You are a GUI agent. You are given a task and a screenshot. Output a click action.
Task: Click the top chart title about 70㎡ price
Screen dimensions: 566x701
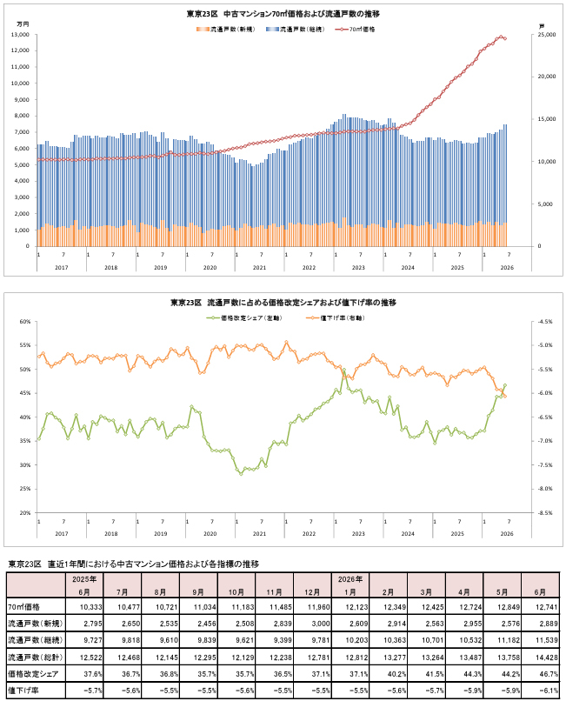pyautogui.click(x=283, y=14)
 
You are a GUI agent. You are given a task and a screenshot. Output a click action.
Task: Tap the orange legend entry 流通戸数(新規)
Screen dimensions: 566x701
pyautogui.click(x=225, y=30)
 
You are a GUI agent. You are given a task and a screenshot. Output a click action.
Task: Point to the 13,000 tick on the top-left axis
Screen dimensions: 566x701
pyautogui.click(x=23, y=35)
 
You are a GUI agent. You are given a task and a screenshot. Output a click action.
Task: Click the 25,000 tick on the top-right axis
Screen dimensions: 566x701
pyautogui.click(x=547, y=35)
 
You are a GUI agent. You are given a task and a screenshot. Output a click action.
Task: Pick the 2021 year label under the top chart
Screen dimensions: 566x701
pyautogui.click(x=259, y=267)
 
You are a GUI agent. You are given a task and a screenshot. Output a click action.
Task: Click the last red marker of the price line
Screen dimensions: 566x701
pyautogui.click(x=505, y=39)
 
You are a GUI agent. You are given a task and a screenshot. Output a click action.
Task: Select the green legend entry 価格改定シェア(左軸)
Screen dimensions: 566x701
pyautogui.click(x=244, y=317)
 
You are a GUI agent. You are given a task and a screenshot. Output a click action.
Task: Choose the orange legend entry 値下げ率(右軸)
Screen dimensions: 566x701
pyautogui.click(x=336, y=317)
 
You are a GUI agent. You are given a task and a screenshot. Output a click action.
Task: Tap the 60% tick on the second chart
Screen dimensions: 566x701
pyautogui.click(x=25, y=322)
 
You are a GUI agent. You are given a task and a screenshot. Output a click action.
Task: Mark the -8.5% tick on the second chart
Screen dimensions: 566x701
pyautogui.click(x=545, y=513)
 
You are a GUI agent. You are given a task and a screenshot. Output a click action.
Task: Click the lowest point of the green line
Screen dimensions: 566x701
pyautogui.click(x=241, y=474)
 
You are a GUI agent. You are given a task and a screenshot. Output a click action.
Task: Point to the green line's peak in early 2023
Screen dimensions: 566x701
pyautogui.click(x=343, y=371)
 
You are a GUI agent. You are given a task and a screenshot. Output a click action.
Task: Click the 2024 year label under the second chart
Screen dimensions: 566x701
pyautogui.click(x=408, y=533)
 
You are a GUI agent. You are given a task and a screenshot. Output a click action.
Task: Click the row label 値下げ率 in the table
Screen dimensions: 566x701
pyautogui.click(x=23, y=691)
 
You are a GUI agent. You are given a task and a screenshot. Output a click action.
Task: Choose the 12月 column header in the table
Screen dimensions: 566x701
pyautogui.click(x=312, y=592)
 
